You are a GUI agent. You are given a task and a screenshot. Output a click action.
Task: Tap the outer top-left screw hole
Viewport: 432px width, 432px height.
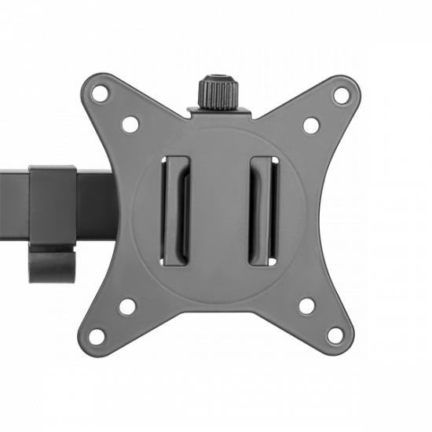[100, 96]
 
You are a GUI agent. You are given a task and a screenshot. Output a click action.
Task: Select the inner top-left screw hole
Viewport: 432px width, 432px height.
[130, 123]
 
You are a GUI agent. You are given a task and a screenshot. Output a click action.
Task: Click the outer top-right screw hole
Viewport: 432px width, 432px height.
[341, 96]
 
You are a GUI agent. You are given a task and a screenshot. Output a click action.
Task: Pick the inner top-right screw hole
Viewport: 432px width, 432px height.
[311, 124]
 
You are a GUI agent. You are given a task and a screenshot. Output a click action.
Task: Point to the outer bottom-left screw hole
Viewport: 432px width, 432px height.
[99, 336]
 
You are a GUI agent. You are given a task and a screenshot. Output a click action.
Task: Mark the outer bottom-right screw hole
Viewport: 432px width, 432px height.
[341, 336]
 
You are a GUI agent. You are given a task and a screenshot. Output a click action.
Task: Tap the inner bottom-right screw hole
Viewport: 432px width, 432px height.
[309, 306]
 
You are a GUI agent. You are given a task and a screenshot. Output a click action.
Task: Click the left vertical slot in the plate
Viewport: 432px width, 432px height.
[175, 211]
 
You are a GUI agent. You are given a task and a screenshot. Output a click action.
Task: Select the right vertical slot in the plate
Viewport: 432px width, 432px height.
[262, 211]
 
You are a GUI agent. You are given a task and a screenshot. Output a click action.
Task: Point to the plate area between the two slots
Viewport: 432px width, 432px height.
[218, 211]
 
